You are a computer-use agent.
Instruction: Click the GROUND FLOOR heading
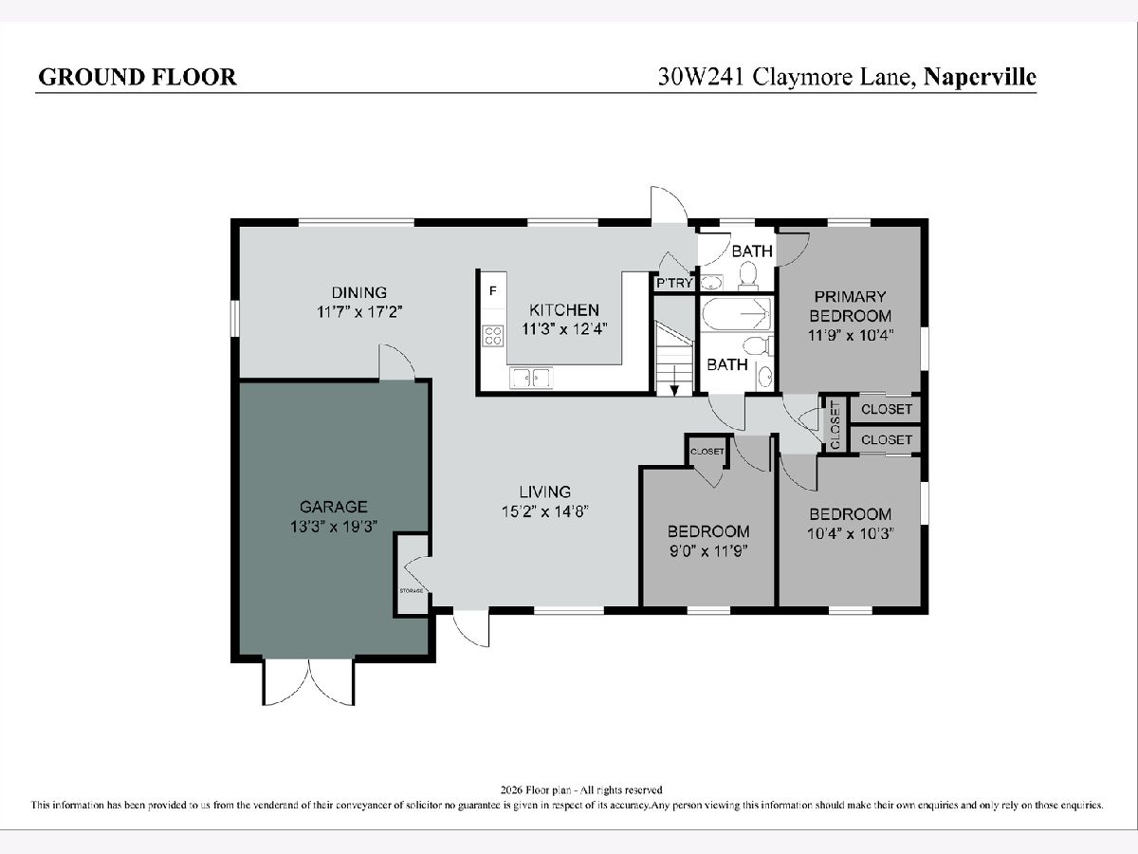(x=138, y=77)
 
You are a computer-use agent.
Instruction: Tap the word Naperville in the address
(x=980, y=77)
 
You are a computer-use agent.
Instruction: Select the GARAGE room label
(x=334, y=507)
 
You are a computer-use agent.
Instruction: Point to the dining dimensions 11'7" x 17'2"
(x=359, y=312)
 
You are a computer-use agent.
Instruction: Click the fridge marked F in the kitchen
(x=493, y=291)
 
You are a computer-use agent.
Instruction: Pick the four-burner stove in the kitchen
(x=492, y=335)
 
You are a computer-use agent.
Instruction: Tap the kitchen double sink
(x=531, y=377)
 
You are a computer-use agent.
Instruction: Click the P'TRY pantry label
(x=674, y=283)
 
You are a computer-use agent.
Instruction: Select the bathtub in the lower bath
(x=736, y=313)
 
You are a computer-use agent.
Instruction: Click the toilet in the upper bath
(x=748, y=275)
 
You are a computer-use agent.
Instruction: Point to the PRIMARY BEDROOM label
(x=851, y=306)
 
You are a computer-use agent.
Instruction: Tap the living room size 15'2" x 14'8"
(x=545, y=511)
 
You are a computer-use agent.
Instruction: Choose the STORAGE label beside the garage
(x=412, y=590)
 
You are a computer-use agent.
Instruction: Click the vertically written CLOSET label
(x=835, y=425)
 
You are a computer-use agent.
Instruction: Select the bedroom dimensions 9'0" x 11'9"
(x=708, y=550)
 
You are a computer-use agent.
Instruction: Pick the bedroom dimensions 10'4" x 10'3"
(x=851, y=533)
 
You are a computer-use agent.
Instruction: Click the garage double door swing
(x=309, y=682)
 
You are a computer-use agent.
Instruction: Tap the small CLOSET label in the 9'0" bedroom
(x=707, y=452)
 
